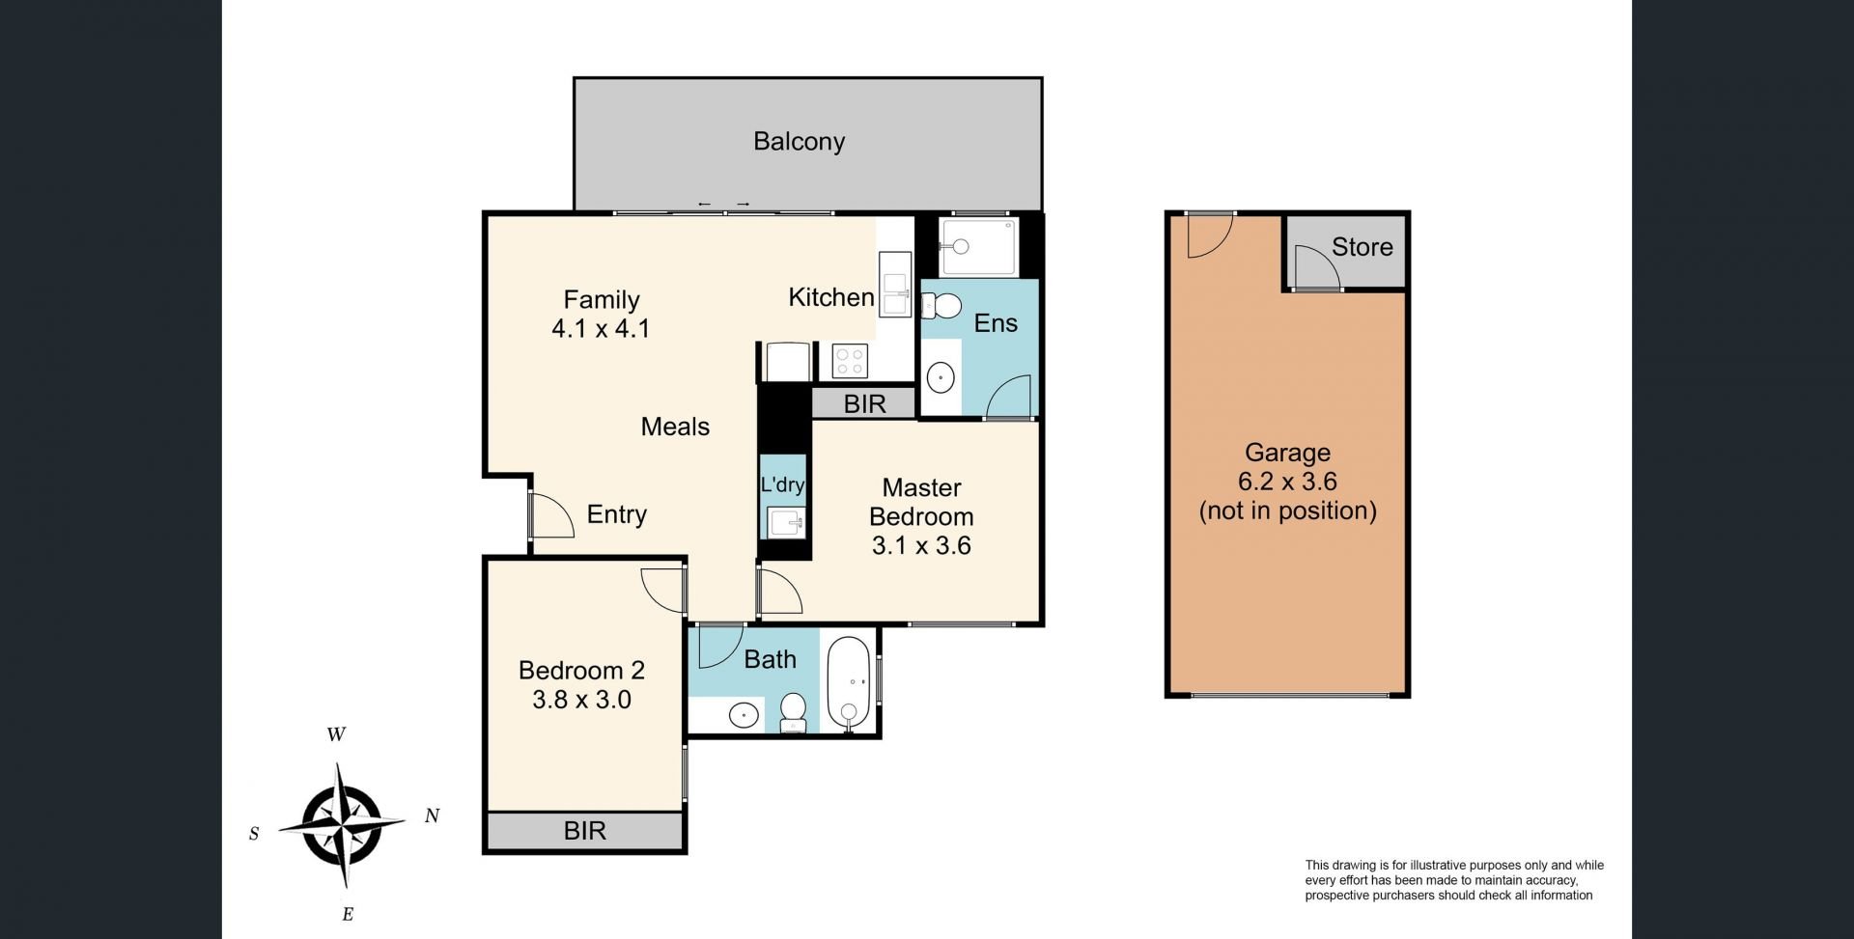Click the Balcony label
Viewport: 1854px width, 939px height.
pyautogui.click(x=799, y=142)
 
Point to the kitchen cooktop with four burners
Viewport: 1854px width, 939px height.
pyautogui.click(x=850, y=362)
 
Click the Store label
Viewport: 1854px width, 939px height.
pyautogui.click(x=1362, y=247)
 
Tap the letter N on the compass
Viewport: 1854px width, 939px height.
pyautogui.click(x=432, y=816)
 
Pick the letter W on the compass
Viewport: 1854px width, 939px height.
pyautogui.click(x=336, y=734)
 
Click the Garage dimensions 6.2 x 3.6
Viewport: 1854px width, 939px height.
pyautogui.click(x=1287, y=482)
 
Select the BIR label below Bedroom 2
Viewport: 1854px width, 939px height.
pyautogui.click(x=584, y=831)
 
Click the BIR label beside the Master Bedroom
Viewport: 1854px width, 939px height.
pyautogui.click(x=864, y=404)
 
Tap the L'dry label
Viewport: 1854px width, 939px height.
pyautogui.click(x=782, y=484)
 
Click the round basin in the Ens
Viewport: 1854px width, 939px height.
pyautogui.click(x=941, y=376)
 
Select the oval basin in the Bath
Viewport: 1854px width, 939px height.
pyautogui.click(x=744, y=716)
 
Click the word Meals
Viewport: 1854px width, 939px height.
pyautogui.click(x=675, y=427)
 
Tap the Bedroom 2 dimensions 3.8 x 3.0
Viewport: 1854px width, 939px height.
pyautogui.click(x=581, y=700)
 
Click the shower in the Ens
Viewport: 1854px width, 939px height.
pyautogui.click(x=977, y=247)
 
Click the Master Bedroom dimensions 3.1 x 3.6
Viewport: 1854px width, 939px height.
pyautogui.click(x=921, y=546)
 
